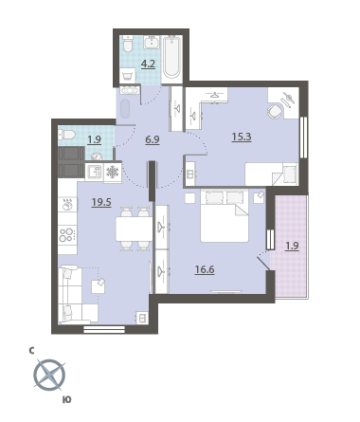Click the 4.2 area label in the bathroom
[x=148, y=64]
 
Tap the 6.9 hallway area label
[x=153, y=139]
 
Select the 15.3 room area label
[x=242, y=137]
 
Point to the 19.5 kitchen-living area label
[x=101, y=202]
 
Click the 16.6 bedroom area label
[x=205, y=269]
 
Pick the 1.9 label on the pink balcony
[x=292, y=246]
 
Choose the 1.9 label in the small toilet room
[x=94, y=139]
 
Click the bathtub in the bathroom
[x=172, y=57]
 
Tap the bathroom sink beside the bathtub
[x=153, y=42]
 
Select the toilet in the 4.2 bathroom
[x=128, y=45]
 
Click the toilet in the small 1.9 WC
[x=66, y=135]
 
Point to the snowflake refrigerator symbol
[x=113, y=173]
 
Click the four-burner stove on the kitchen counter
[x=67, y=234]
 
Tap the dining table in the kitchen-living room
[x=134, y=229]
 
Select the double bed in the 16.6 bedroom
[x=225, y=215]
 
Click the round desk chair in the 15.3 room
[x=275, y=111]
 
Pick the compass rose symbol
[x=49, y=376]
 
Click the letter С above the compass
[x=31, y=351]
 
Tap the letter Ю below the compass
[x=67, y=400]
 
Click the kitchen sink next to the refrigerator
[x=94, y=173]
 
